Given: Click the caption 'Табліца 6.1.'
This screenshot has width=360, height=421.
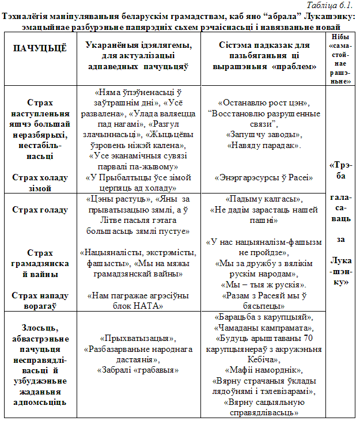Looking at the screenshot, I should point(336,5).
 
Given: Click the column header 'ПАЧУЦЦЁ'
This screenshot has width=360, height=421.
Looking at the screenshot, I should point(40,48).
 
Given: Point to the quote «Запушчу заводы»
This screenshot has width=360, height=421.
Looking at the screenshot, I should point(264,134).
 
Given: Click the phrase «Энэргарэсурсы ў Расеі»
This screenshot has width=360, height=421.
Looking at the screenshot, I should point(264,178).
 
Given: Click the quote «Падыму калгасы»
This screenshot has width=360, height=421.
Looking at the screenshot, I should point(264,199).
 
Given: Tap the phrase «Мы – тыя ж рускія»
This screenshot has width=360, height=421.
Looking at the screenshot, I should point(264,285).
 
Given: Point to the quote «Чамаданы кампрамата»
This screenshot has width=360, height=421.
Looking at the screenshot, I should point(264,327).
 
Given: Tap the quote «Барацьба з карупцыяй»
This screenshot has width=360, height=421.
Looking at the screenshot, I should point(264,317).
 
